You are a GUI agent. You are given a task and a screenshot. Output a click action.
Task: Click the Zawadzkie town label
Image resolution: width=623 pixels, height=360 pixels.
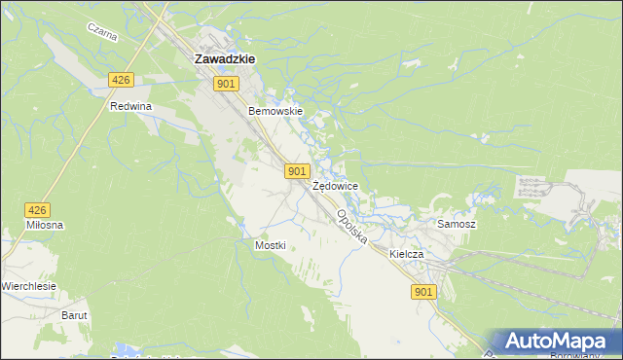225,58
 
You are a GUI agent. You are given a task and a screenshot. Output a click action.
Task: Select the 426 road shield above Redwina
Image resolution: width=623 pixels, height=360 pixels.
121,80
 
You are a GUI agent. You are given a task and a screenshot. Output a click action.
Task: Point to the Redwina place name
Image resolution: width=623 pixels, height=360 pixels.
132,106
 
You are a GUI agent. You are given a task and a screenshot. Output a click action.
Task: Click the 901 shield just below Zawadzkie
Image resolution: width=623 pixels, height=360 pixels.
226,85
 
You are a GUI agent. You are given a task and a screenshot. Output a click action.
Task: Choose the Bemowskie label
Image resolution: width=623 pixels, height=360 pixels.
276,112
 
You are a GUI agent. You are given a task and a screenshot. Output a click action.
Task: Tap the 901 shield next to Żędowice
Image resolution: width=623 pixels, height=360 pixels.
299,171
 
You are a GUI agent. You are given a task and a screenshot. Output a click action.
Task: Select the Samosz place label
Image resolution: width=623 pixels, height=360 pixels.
456,224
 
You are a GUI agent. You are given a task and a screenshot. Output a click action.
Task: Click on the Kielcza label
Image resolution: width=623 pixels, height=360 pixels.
407,254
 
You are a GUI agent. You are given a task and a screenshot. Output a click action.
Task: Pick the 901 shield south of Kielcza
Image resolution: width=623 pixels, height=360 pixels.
422,292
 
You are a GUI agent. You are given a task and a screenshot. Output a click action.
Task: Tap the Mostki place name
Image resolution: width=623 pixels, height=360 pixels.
270,245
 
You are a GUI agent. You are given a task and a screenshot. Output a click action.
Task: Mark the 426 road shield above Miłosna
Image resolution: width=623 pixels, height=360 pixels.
37,209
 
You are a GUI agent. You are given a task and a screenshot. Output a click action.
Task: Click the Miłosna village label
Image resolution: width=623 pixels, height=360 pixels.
45,225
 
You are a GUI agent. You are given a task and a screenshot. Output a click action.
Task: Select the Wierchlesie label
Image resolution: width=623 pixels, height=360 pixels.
28,286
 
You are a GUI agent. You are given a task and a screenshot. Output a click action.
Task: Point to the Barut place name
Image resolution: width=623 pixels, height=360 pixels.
75,315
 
